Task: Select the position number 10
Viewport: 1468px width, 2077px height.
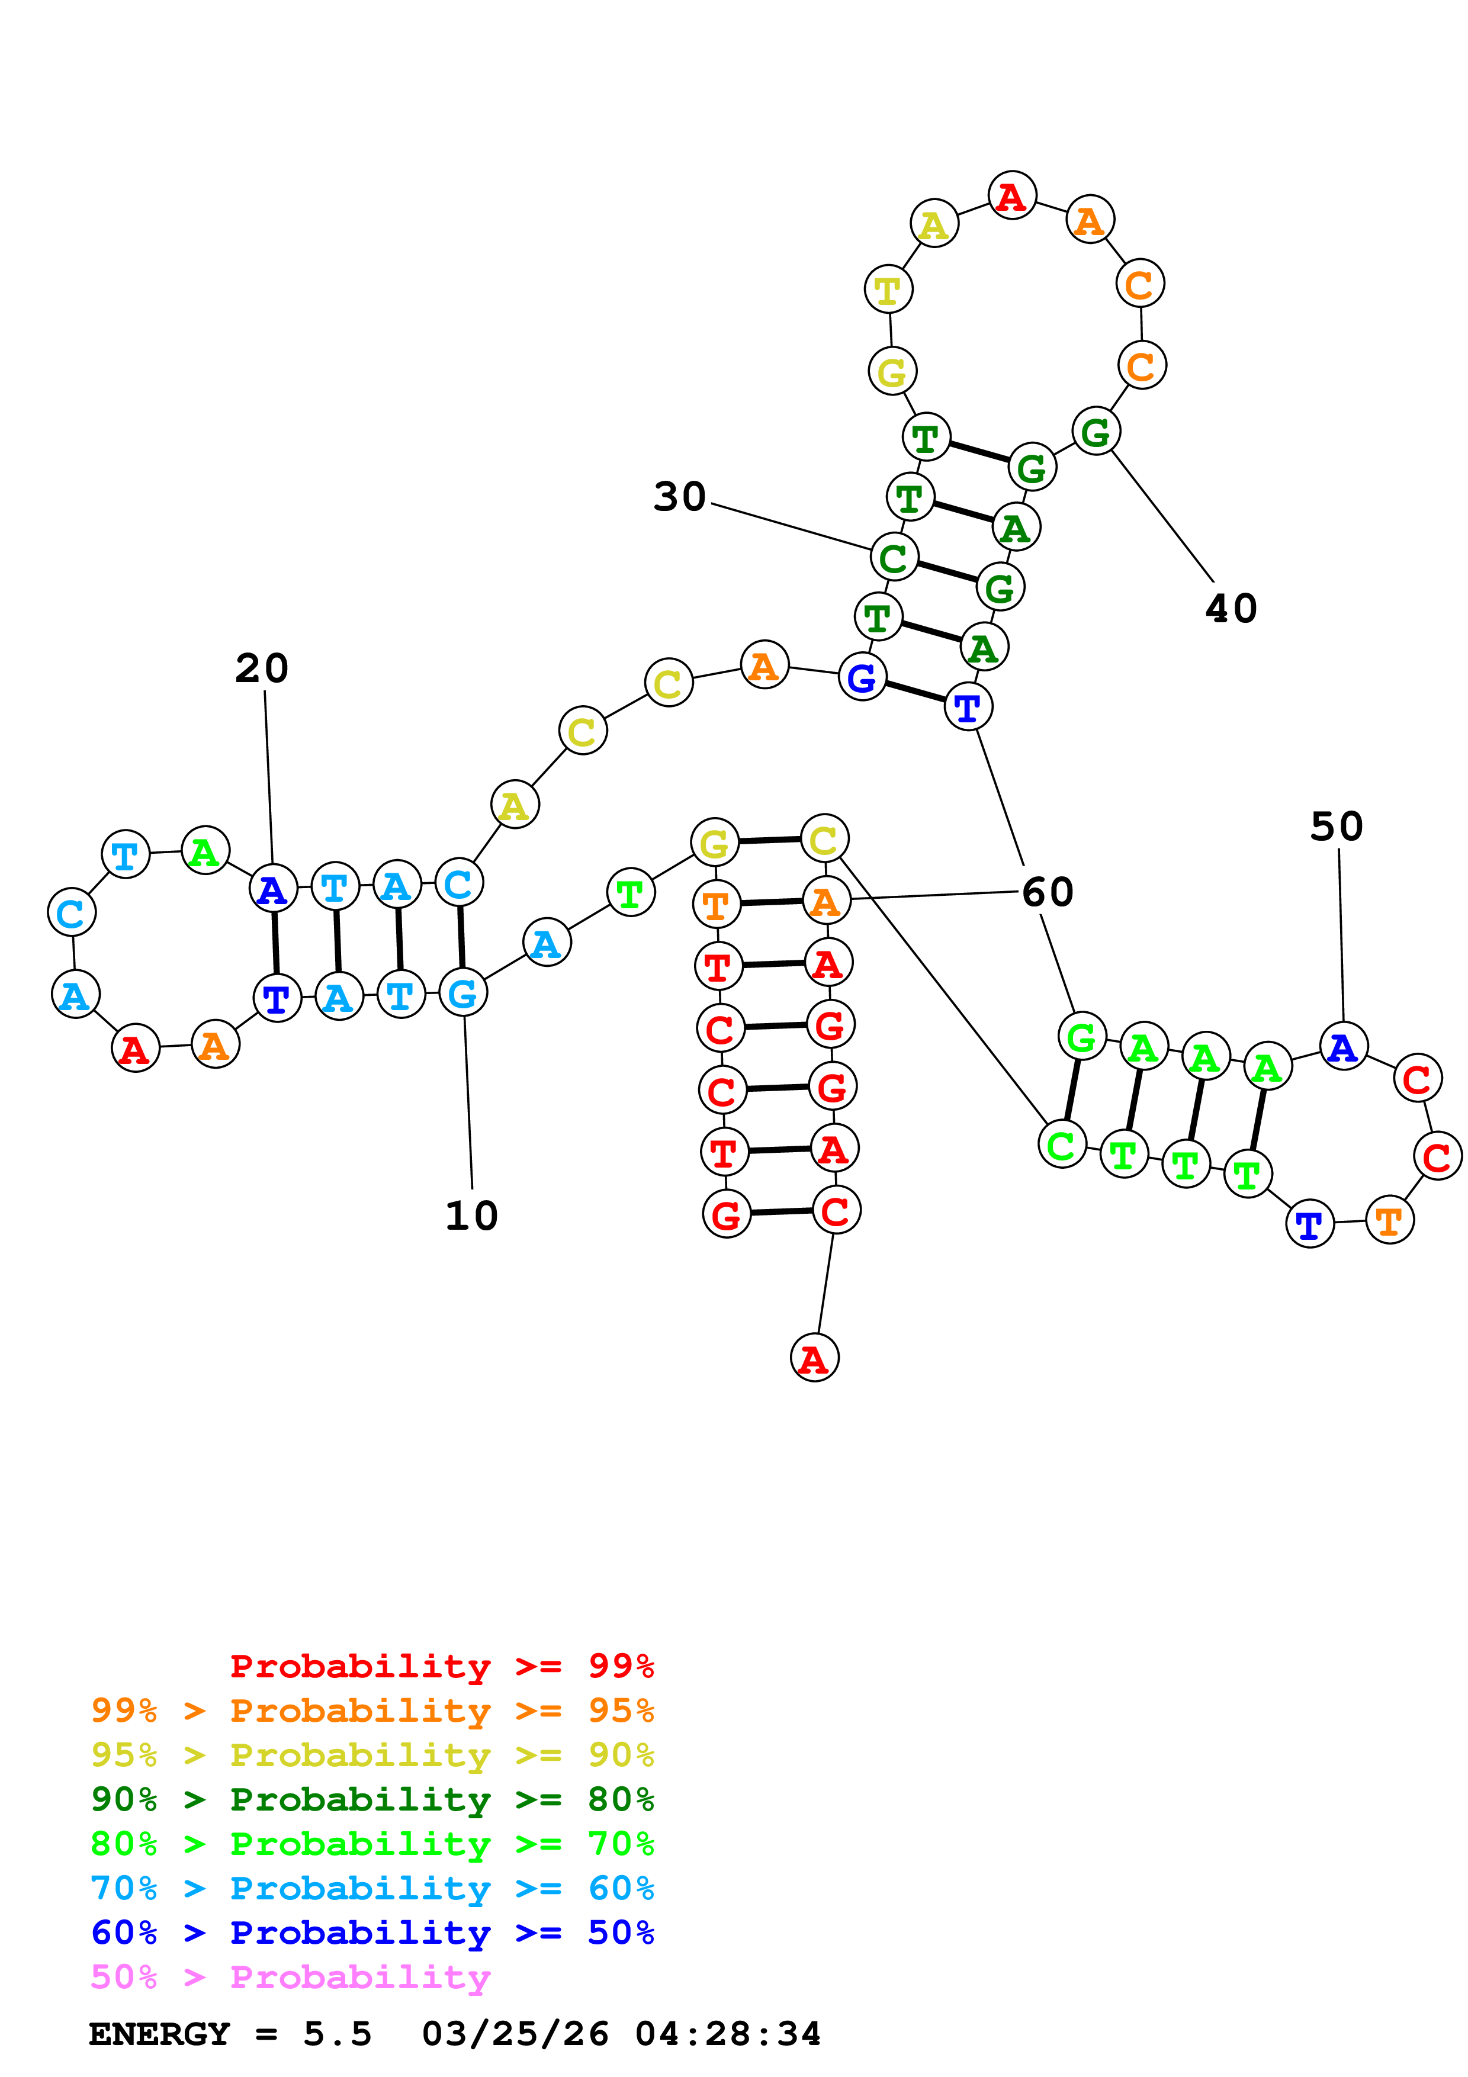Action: pyautogui.click(x=471, y=1216)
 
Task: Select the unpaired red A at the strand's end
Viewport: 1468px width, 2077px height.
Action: pyautogui.click(x=814, y=1358)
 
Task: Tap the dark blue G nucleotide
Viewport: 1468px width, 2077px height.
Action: pyautogui.click(x=862, y=677)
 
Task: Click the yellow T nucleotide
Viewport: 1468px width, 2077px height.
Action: pyautogui.click(x=888, y=290)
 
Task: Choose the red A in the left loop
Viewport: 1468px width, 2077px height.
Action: pyautogui.click(x=135, y=1049)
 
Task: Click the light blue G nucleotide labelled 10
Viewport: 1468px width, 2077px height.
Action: pyautogui.click(x=463, y=994)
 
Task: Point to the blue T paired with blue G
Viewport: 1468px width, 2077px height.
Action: pyautogui.click(x=968, y=708)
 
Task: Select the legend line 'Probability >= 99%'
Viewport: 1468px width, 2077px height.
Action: pyautogui.click(x=441, y=1666)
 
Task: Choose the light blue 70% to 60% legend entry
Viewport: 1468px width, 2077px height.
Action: pyautogui.click(x=372, y=1889)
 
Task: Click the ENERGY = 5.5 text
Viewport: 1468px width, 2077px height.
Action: pyautogui.click(x=230, y=2034)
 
